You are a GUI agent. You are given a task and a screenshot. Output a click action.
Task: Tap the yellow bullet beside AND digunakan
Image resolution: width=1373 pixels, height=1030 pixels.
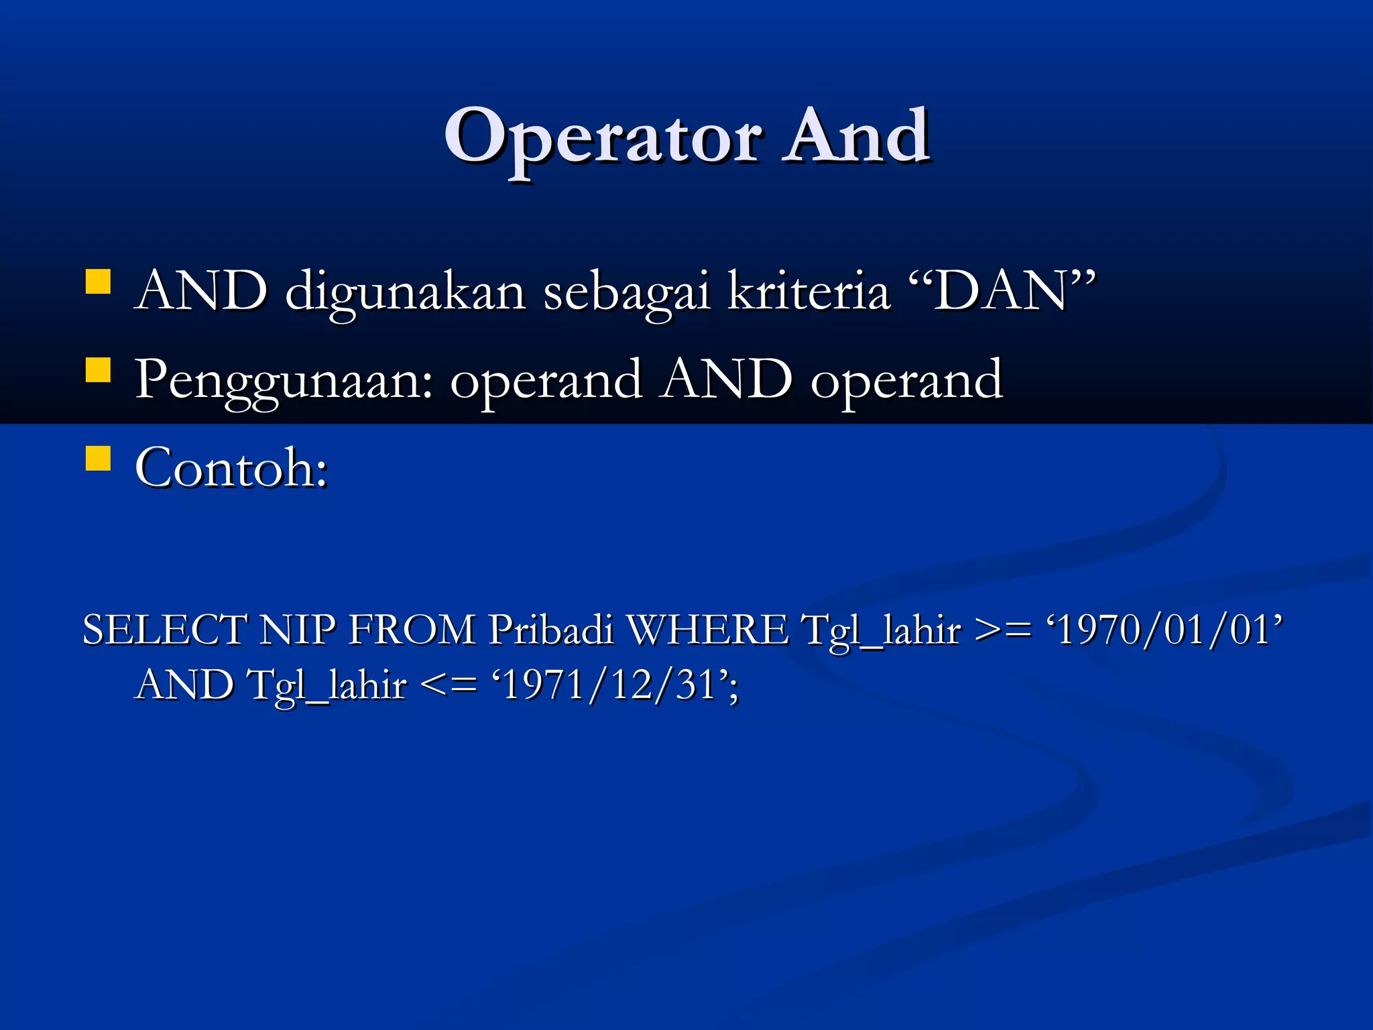click(98, 282)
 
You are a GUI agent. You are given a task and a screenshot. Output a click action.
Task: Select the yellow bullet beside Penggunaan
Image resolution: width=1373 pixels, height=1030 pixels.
click(98, 369)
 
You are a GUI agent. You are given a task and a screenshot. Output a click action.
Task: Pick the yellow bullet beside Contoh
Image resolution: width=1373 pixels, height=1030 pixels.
click(98, 459)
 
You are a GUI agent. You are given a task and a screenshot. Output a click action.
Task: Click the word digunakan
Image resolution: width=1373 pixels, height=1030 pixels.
click(405, 292)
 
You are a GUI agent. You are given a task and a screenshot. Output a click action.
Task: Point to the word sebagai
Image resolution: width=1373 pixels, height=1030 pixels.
click(626, 292)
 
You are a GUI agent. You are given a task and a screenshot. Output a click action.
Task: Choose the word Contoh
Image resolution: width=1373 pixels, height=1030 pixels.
click(231, 467)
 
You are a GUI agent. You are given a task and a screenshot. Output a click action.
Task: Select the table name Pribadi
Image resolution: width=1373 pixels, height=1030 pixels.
click(550, 630)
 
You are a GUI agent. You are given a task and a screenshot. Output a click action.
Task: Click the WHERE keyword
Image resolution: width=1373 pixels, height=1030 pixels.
click(707, 630)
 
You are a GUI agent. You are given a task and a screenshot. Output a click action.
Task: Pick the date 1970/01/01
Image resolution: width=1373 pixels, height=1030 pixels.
click(1164, 630)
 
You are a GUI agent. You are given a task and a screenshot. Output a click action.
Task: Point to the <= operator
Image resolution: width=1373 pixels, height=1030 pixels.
click(449, 685)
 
